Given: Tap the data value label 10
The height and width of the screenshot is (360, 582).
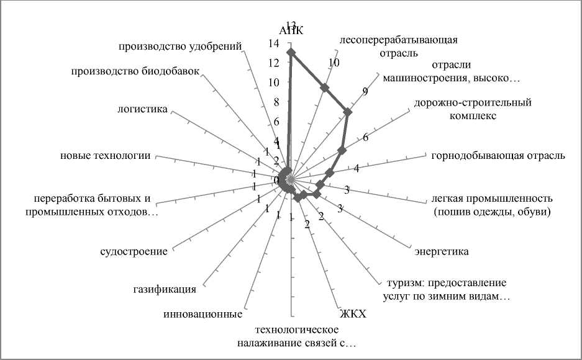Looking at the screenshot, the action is pyautogui.click(x=334, y=63).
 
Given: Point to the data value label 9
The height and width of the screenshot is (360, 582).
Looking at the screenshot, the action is pyautogui.click(x=365, y=92).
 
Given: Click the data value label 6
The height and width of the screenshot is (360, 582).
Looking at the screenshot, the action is pyautogui.click(x=366, y=138).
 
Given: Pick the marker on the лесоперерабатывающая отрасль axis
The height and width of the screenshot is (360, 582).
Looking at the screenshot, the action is pyautogui.click(x=324, y=88).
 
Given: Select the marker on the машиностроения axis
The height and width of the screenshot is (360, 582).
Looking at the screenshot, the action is pyautogui.click(x=348, y=112).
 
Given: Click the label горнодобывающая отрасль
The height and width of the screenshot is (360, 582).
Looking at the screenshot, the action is pyautogui.click(x=498, y=155).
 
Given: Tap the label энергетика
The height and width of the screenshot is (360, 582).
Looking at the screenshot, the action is pyautogui.click(x=442, y=251).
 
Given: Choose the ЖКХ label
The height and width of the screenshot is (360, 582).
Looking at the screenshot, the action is pyautogui.click(x=353, y=314).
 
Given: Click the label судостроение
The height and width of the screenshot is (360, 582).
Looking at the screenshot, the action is pyautogui.click(x=134, y=251).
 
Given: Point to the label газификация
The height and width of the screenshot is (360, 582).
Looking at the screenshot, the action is pyautogui.click(x=165, y=289).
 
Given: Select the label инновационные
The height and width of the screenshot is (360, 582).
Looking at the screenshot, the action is pyautogui.click(x=202, y=314).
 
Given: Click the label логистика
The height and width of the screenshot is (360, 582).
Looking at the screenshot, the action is pyautogui.click(x=142, y=109).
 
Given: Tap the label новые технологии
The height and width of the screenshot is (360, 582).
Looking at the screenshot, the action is pyautogui.click(x=105, y=155).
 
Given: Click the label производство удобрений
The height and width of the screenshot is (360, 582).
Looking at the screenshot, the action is pyautogui.click(x=180, y=45).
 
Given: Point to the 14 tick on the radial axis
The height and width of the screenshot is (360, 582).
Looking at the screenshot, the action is pyautogui.click(x=274, y=44).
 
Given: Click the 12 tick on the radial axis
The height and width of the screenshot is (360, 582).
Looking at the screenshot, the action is pyautogui.click(x=274, y=63).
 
